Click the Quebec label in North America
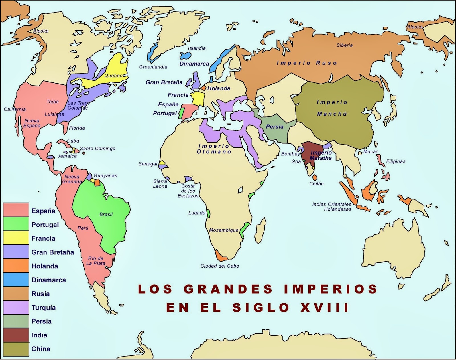pyautogui.click(x=113, y=76)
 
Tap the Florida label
pyautogui.click(x=77, y=128)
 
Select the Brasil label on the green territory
pyautogui.click(x=106, y=214)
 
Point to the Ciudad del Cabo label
pyautogui.click(x=220, y=266)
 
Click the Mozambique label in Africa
pyautogui.click(x=223, y=230)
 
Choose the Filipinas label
pyautogui.click(x=396, y=161)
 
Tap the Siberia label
pyautogui.click(x=344, y=45)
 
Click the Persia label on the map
pyautogui.click(x=274, y=127)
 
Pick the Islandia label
pyautogui.click(x=197, y=48)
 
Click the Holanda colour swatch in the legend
pyautogui.click(x=16, y=266)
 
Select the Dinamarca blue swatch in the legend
pyautogui.click(x=16, y=280)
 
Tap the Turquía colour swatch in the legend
pyautogui.click(x=16, y=307)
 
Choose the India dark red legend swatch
pyautogui.click(x=16, y=335)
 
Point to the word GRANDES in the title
pyautogui.click(x=228, y=289)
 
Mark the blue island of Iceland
pyautogui.click(x=186, y=55)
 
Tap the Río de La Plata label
pyautogui.click(x=96, y=261)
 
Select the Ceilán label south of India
pyautogui.click(x=316, y=184)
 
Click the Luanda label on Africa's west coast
pyautogui.click(x=197, y=213)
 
